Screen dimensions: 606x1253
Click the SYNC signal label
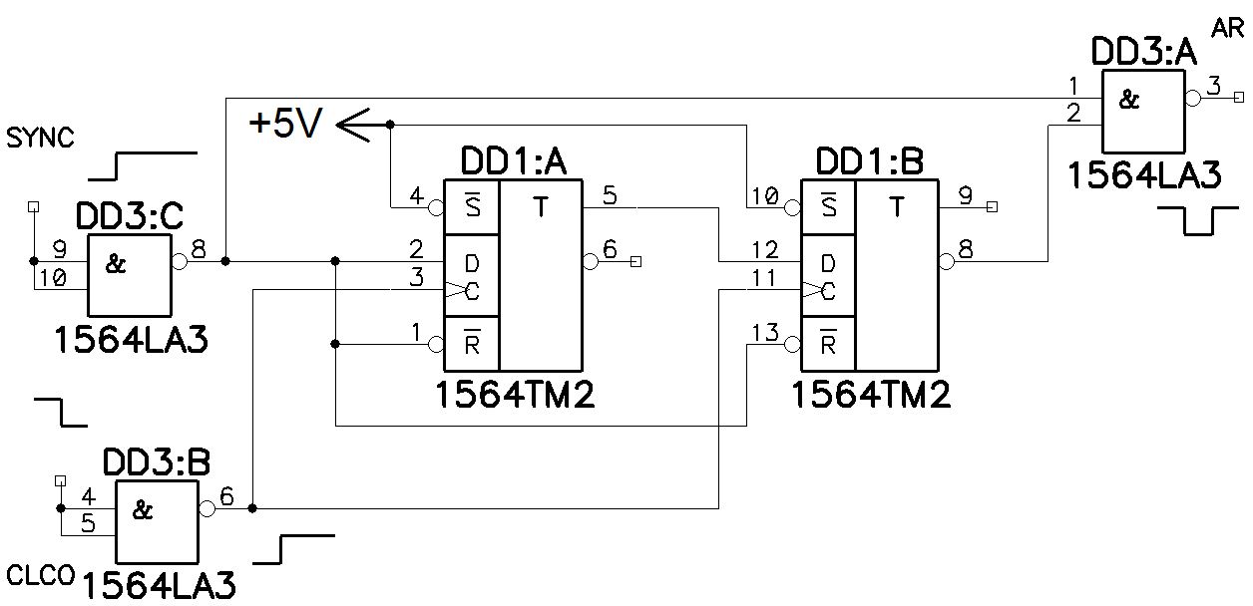[x=40, y=138]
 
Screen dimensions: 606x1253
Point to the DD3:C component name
[x=129, y=218]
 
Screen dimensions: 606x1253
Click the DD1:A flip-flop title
[x=513, y=161]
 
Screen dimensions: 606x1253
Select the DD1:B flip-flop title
[x=869, y=161]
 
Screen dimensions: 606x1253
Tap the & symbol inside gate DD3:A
[x=1128, y=100]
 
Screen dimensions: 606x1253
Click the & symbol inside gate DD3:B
[x=143, y=510]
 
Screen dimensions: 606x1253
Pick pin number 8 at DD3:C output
[x=198, y=249]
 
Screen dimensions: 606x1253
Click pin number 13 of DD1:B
[x=764, y=333]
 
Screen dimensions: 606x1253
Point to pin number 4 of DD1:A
[x=418, y=197]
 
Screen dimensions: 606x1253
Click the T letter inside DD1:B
[x=896, y=207]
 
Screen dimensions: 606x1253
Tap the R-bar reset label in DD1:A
[x=470, y=345]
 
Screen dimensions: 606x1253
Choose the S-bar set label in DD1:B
[x=827, y=207]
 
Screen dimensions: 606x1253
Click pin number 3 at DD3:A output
[x=1213, y=86]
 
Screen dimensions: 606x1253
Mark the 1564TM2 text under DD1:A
[x=515, y=396]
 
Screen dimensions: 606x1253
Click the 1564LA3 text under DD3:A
[x=1143, y=176]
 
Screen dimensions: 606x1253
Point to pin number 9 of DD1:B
[x=964, y=195]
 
